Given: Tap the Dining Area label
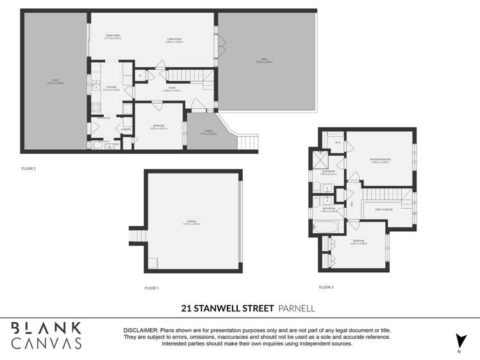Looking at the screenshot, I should pos(113,37).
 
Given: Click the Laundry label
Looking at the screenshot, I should pos(126,129).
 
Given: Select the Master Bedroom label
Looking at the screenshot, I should pos(381,160).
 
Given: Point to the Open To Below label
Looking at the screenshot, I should pos(383,209).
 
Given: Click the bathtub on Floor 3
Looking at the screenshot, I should pos(329,227).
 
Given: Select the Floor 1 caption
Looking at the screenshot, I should pos(151,288).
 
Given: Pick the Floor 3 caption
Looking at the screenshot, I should pos(326,287).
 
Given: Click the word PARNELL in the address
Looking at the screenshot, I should pos(297,309).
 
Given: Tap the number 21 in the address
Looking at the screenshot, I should pos(186,309).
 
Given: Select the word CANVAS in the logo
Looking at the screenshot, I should pos(47,343).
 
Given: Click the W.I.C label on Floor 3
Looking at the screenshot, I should pos(328,143).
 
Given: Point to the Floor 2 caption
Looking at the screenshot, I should pos(28,168).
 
